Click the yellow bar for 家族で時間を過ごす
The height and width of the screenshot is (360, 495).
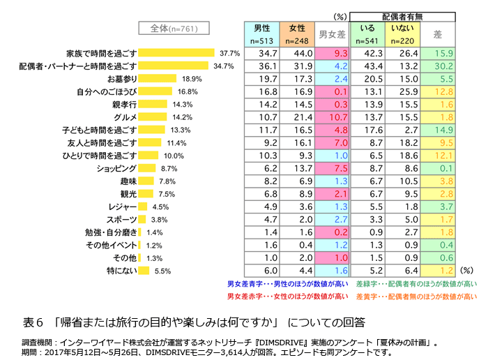pyautogui.click(x=177, y=52)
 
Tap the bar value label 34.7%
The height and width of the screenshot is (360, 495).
pyautogui.click(x=223, y=66)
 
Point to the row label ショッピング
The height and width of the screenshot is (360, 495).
pyautogui.click(x=116, y=168)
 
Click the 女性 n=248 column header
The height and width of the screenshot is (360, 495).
pyautogui.click(x=296, y=33)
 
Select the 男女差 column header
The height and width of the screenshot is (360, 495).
pyautogui.click(x=332, y=33)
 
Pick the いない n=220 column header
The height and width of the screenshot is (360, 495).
pyautogui.click(x=402, y=33)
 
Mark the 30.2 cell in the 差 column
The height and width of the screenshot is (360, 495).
pyautogui.click(x=439, y=66)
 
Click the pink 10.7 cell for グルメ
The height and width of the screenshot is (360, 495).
pyautogui.click(x=332, y=117)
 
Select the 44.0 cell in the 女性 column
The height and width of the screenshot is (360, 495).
pyautogui.click(x=296, y=53)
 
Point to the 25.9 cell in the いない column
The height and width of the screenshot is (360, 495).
pyautogui.click(x=402, y=91)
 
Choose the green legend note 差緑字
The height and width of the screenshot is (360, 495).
pyautogui.click(x=416, y=284)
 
